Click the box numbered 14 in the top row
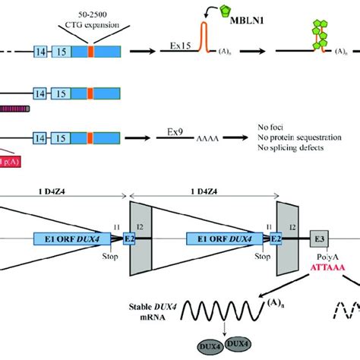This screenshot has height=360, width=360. (x=42, y=52)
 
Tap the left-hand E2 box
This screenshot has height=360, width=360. (x=130, y=238)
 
